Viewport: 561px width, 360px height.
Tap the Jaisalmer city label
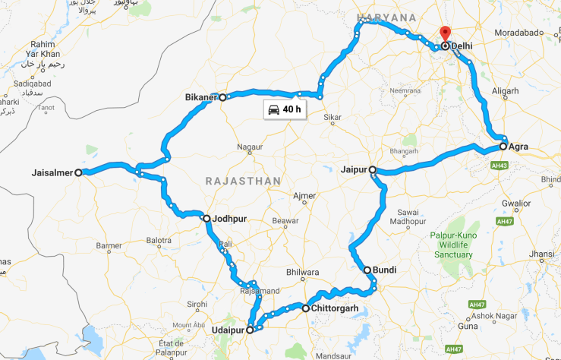(53, 172)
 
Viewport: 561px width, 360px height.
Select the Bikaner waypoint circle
(222, 97)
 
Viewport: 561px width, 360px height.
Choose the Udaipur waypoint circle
(250, 330)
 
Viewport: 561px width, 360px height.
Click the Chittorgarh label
(335, 308)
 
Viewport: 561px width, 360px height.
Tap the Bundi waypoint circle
(367, 270)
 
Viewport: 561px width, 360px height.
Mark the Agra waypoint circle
(503, 146)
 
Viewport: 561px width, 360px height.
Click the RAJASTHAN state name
(242, 181)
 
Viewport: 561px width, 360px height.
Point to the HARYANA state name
(387, 17)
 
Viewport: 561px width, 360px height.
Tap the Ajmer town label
(304, 196)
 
